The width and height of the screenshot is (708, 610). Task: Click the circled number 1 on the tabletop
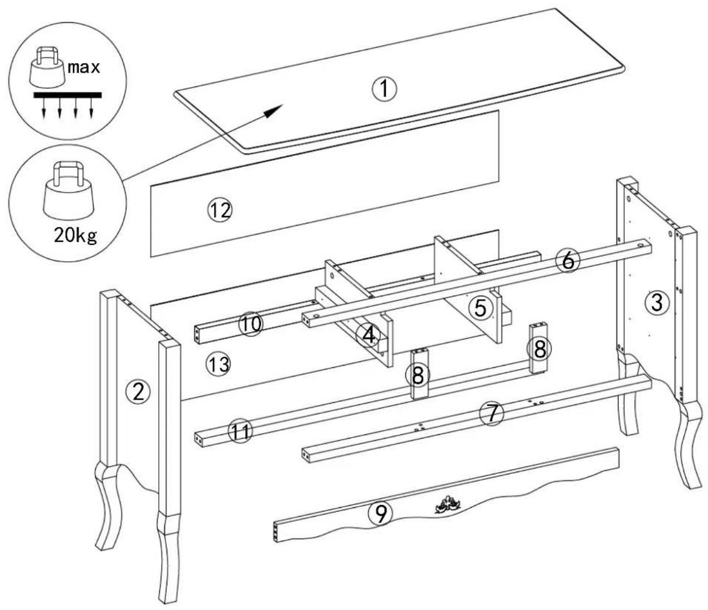click(384, 89)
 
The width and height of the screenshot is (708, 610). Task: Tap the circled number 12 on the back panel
click(220, 210)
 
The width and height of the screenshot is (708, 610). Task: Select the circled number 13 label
click(218, 364)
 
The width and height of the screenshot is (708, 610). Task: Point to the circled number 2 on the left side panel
click(138, 392)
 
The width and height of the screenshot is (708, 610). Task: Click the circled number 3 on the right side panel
click(657, 303)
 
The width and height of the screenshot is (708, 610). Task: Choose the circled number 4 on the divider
click(368, 335)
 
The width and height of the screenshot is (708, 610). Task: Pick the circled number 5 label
click(481, 308)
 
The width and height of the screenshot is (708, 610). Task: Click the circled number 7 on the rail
click(492, 414)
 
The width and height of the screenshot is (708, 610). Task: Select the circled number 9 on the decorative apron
click(380, 513)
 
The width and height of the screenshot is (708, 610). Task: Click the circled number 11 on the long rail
click(240, 431)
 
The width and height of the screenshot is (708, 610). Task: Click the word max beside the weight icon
click(84, 67)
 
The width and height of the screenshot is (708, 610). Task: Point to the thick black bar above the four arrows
click(67, 95)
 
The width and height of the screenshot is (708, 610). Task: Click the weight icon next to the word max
click(47, 67)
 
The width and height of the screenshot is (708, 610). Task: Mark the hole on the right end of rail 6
click(640, 246)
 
